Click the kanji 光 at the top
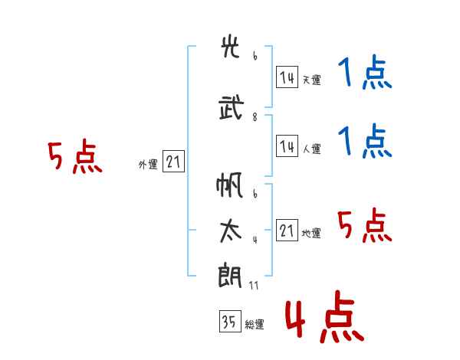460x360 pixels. click(x=231, y=48)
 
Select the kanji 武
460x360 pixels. click(x=231, y=108)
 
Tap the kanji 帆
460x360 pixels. click(x=231, y=186)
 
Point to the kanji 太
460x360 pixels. click(x=231, y=231)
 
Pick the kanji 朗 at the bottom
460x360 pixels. click(x=231, y=274)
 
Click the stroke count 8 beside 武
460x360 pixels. click(x=255, y=117)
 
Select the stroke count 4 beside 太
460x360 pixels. click(x=255, y=241)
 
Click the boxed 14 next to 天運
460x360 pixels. click(x=287, y=77)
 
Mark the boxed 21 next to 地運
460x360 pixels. click(x=287, y=230)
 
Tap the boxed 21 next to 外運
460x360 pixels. click(x=173, y=162)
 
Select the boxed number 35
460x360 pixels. click(x=229, y=322)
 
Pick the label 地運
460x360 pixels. click(x=311, y=233)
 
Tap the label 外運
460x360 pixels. click(x=148, y=164)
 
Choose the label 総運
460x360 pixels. click(x=255, y=324)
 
